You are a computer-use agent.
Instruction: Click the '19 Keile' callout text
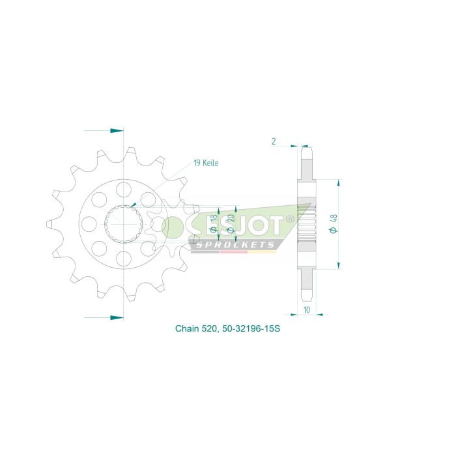click(205, 163)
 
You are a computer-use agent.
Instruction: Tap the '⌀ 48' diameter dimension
click(333, 223)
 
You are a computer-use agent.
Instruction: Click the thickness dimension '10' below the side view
click(306, 310)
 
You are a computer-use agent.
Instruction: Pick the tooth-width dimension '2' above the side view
click(274, 141)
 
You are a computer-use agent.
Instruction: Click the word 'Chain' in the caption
click(187, 329)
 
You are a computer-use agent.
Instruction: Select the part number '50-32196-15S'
click(255, 329)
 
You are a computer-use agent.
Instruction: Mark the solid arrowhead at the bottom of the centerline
click(117, 317)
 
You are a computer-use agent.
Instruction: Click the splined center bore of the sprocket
click(123, 223)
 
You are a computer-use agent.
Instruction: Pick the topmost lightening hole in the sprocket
click(123, 189)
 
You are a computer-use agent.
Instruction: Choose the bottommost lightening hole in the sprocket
click(123, 259)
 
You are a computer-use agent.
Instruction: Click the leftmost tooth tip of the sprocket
click(48, 223)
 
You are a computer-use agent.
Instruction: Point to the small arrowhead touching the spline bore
click(134, 205)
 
